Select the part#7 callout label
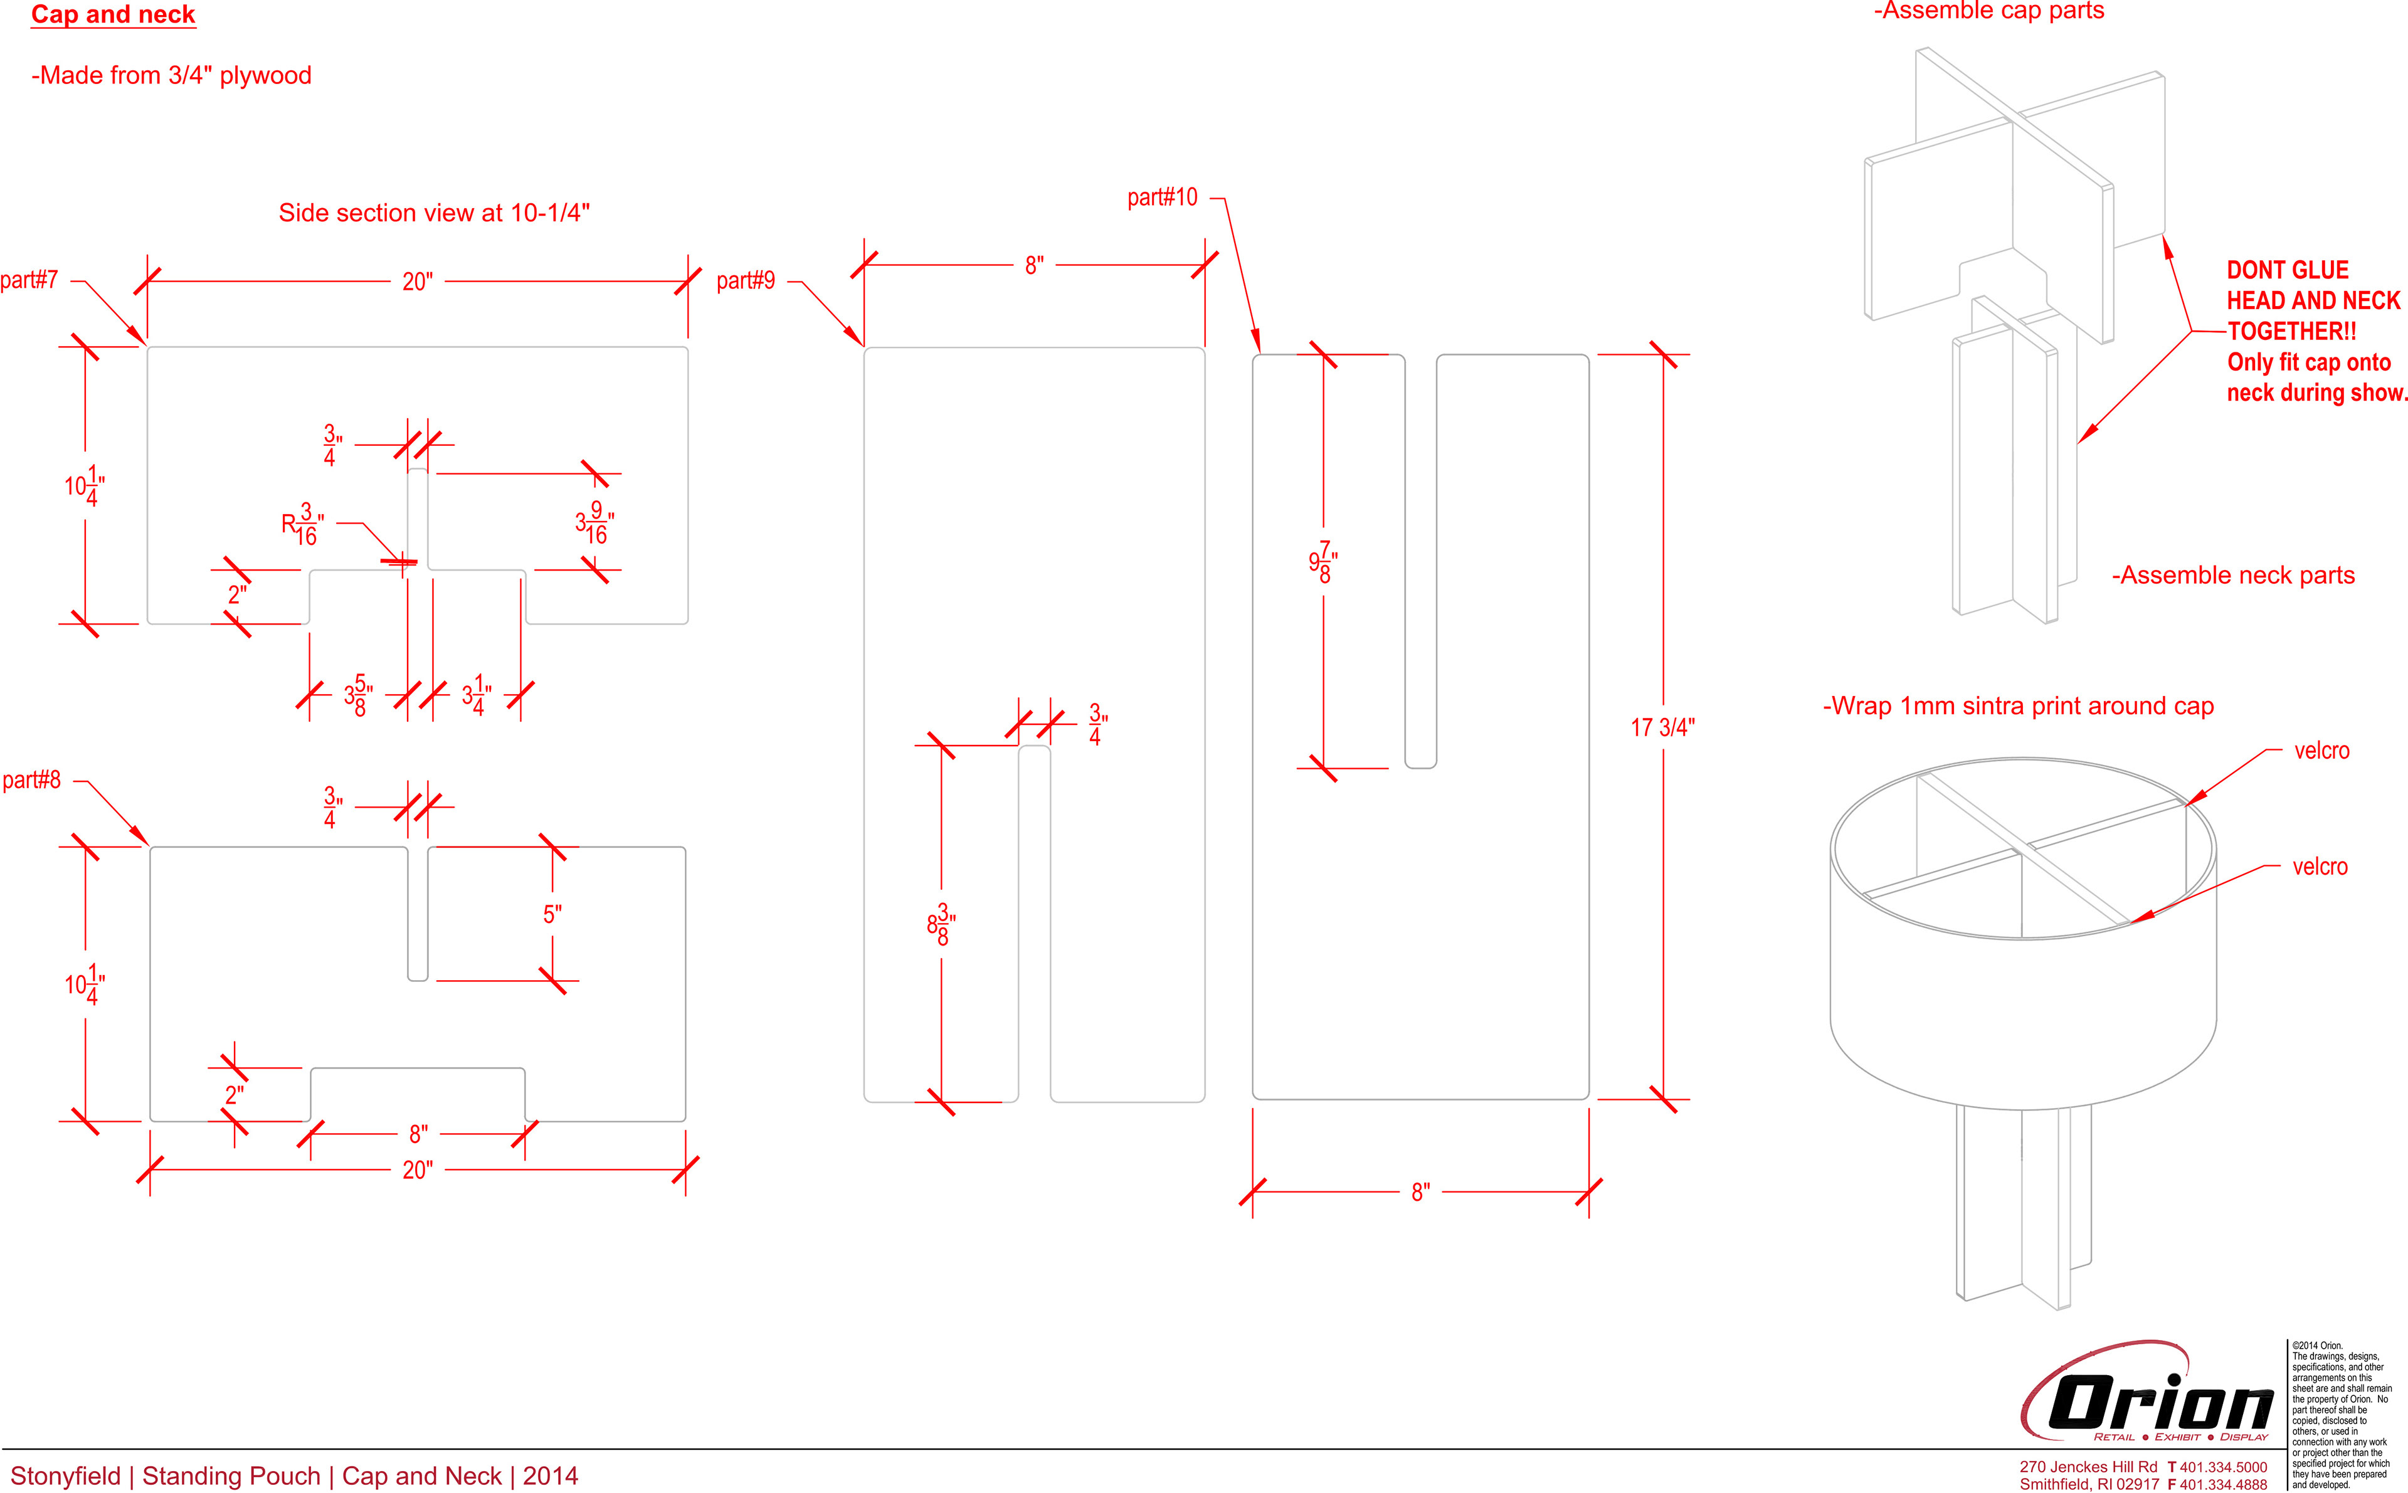click(29, 280)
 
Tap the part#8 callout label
click(31, 780)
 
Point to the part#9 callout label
click(746, 282)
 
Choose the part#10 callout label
click(1162, 198)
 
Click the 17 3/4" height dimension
click(1662, 728)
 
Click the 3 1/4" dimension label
click(477, 695)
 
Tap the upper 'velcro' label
click(2321, 751)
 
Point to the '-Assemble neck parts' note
click(2232, 576)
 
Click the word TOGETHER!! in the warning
click(2291, 332)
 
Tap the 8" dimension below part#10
click(1420, 1193)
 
